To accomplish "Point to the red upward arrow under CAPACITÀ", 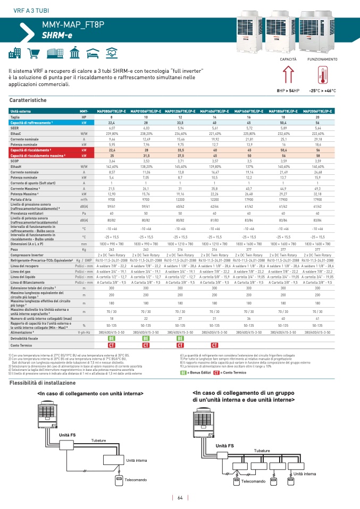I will click(288, 74).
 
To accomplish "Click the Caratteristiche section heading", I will click(28, 100).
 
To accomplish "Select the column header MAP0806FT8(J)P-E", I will click(111, 111).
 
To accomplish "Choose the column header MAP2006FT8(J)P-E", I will click(317, 111).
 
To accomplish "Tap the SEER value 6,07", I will click(112, 128).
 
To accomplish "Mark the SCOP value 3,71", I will click(180, 160).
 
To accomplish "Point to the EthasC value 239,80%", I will click(112, 134).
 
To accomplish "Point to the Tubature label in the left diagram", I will click(98, 440).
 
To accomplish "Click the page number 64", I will click(180, 498).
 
